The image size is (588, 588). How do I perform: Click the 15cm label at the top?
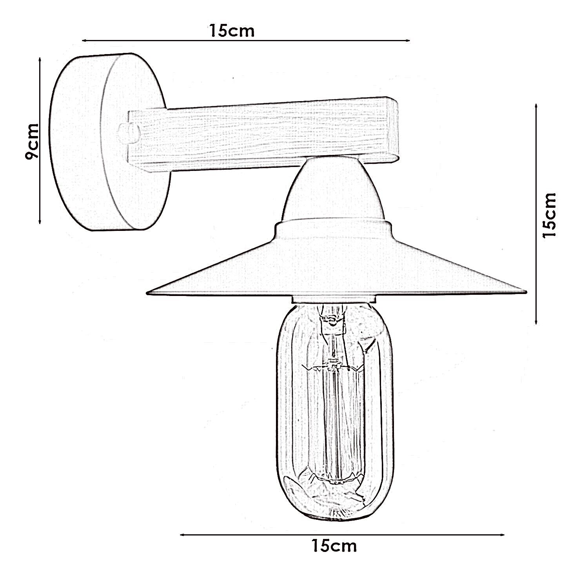[x=232, y=31]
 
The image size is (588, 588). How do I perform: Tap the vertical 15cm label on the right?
[x=548, y=215]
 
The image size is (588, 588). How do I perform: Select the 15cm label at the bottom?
[x=334, y=546]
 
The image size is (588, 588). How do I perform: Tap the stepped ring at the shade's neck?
[x=333, y=227]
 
